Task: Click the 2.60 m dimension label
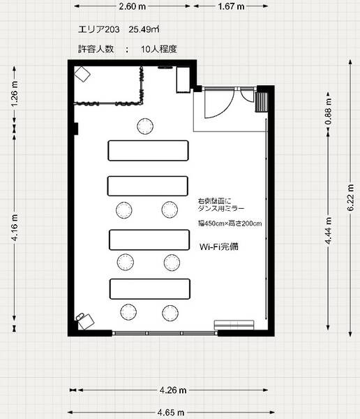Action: point(132,6)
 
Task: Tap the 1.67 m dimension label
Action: point(230,6)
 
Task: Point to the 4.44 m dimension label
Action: point(327,228)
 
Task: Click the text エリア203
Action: point(100,29)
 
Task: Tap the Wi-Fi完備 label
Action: point(219,246)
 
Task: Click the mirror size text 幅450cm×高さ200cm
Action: point(230,223)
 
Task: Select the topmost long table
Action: point(148,150)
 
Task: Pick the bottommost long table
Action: point(149,288)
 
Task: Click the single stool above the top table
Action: point(145,126)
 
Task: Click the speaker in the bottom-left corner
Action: point(85,320)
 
